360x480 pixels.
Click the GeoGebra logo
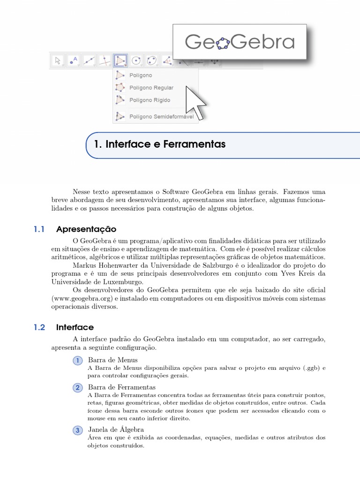click(240, 42)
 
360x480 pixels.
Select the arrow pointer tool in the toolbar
click(58, 60)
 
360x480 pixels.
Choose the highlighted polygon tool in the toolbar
click(120, 60)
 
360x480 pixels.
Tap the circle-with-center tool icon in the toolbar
click(136, 60)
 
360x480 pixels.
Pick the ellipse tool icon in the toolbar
click(151, 60)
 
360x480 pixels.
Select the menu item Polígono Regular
click(151, 88)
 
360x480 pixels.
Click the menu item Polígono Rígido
click(150, 100)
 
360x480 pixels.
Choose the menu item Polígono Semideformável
click(161, 116)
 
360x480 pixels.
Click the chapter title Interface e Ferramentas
click(160, 144)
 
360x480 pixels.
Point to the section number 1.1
click(39, 229)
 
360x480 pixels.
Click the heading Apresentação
click(86, 229)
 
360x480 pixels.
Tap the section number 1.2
click(39, 327)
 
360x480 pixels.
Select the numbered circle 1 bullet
click(77, 360)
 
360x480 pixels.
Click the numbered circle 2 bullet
click(77, 388)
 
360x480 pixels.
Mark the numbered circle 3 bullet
click(77, 430)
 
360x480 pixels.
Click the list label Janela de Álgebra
click(116, 429)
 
